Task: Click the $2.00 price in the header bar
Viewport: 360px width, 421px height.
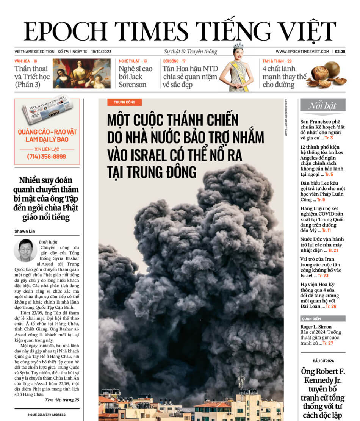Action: [339, 52]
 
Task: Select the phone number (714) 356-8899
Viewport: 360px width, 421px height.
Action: [46, 157]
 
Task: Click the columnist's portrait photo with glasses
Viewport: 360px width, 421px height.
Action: [25, 250]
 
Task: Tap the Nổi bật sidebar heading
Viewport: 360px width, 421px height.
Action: [322, 106]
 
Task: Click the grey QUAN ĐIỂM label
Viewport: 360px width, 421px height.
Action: [311, 319]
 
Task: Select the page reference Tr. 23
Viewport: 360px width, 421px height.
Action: [323, 275]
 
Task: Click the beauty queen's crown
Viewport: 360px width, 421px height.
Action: [238, 46]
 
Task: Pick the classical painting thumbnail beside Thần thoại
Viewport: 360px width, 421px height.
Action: [81, 74]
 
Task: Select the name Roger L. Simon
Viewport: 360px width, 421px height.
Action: [316, 327]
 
